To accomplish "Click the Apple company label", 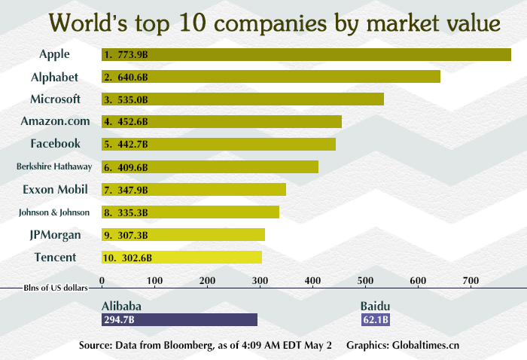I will pyautogui.click(x=54, y=54).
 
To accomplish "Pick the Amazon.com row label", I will pyautogui.click(x=56, y=121).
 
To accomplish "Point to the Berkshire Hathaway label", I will pyautogui.click(x=54, y=167).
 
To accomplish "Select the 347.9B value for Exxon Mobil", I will pyautogui.click(x=133, y=190).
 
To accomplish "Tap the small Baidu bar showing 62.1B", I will pyautogui.click(x=376, y=320).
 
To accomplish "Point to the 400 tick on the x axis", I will pyautogui.click(x=312, y=281).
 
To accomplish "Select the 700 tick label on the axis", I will pyautogui.click(x=471, y=281).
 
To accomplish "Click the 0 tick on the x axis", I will pyautogui.click(x=102, y=281).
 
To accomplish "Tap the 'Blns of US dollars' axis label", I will pyautogui.click(x=56, y=287).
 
